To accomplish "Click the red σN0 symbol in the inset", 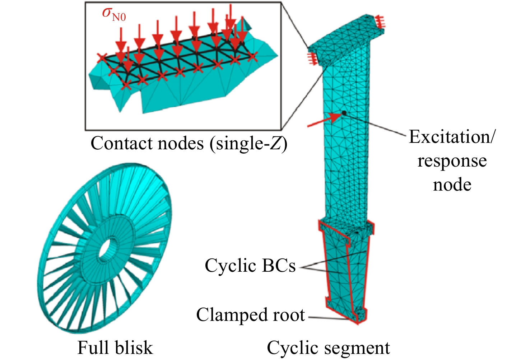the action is tap(114, 14).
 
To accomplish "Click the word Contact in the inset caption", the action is tap(121, 143).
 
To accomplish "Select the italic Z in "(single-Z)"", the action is tap(275, 143).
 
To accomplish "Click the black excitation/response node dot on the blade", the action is tap(344, 113).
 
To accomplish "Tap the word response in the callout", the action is tap(452, 161).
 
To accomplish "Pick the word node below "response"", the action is tap(452, 185).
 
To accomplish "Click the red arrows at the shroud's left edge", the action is tap(312, 58).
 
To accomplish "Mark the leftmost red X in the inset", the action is tap(102, 58).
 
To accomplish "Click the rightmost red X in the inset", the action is tap(252, 56).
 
